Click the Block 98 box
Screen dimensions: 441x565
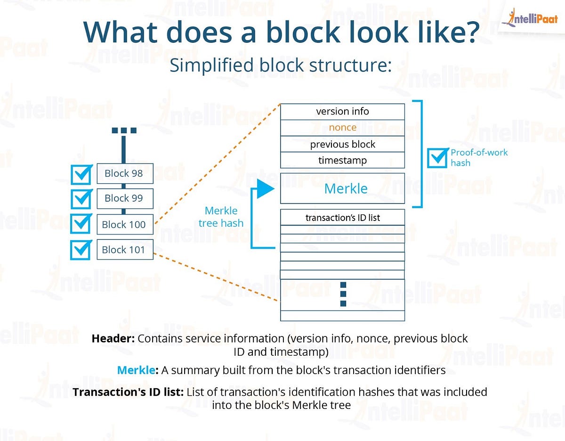[x=125, y=173]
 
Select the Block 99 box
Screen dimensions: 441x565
[x=125, y=198]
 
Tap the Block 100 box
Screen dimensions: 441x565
[x=125, y=225]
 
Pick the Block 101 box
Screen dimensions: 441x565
[x=125, y=250]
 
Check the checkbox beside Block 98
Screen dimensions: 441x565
[x=81, y=174]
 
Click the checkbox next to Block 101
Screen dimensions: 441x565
[x=81, y=250]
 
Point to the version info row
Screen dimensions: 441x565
[x=342, y=112]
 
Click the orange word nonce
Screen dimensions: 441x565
[x=342, y=128]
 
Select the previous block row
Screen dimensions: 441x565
[x=342, y=144]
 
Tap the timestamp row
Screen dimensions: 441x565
[x=342, y=160]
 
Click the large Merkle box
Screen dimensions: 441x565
[x=342, y=188]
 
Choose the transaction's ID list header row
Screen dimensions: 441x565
[x=342, y=218]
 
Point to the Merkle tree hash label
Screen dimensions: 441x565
[x=221, y=217]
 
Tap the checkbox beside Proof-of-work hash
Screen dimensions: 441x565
[x=438, y=158]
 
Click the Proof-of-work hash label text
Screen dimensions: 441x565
[x=479, y=157]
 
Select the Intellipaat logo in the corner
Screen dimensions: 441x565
[x=529, y=18]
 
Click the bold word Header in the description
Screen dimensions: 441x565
[x=113, y=339]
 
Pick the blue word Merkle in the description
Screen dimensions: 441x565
[x=136, y=370]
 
